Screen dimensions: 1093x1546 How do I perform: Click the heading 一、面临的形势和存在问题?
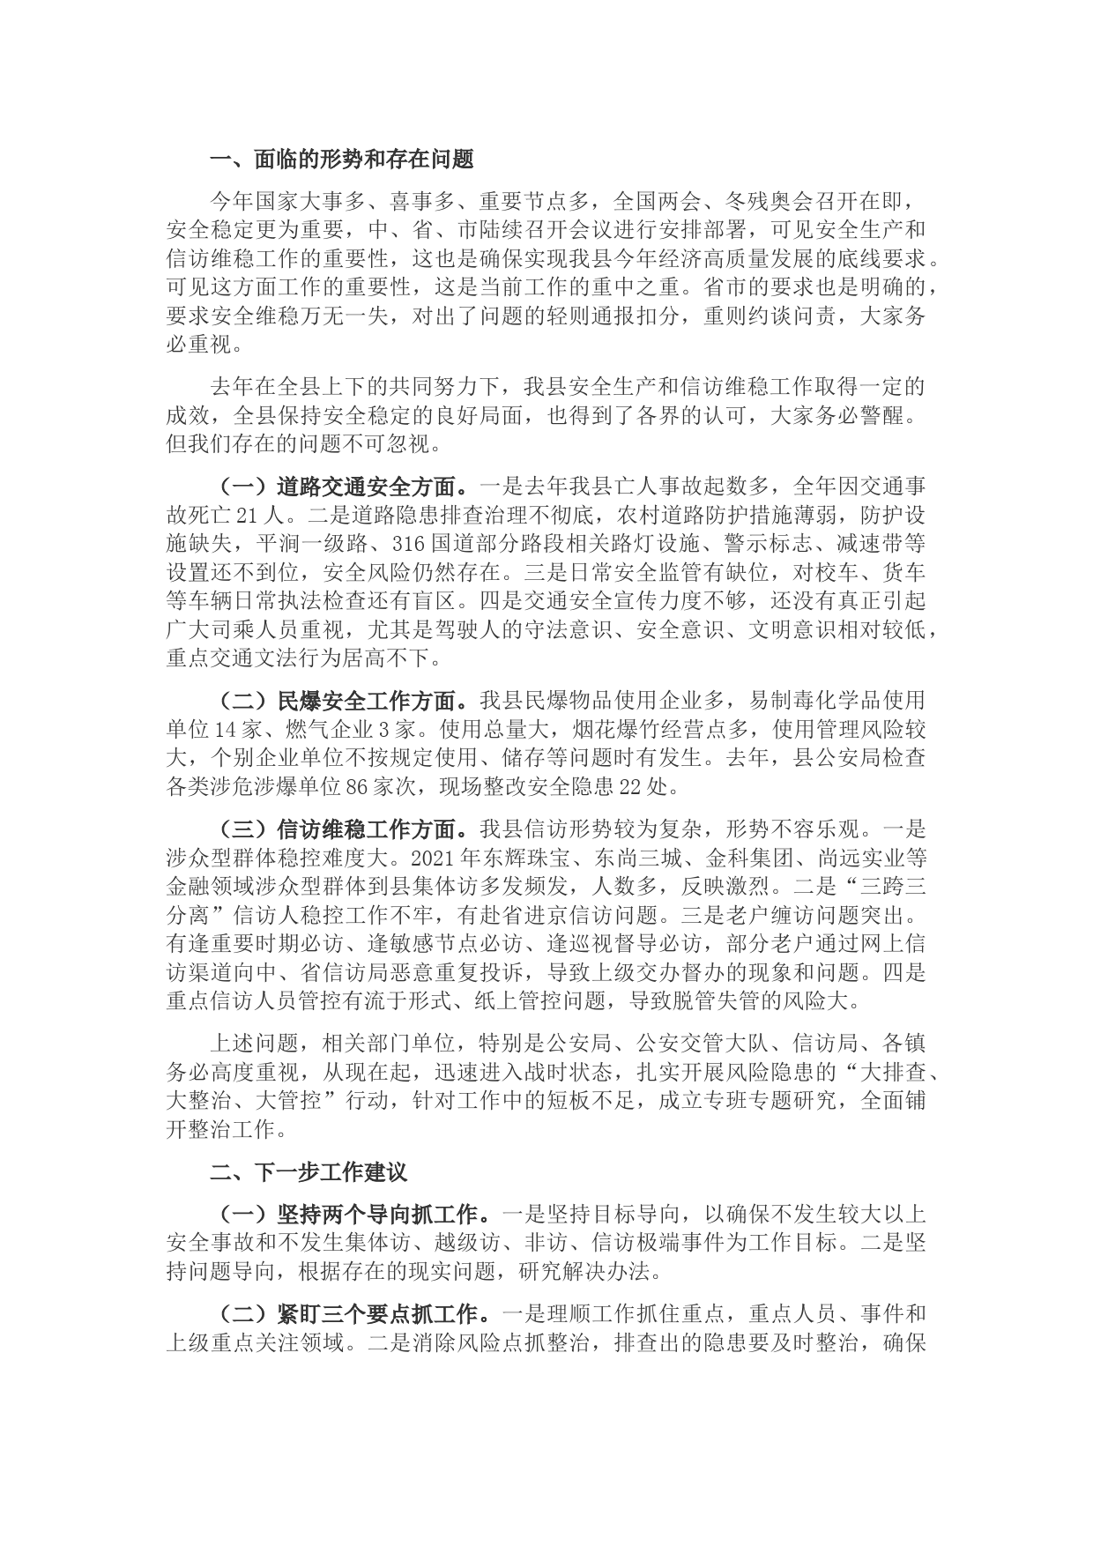341,160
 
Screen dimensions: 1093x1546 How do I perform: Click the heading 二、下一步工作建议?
309,1172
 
